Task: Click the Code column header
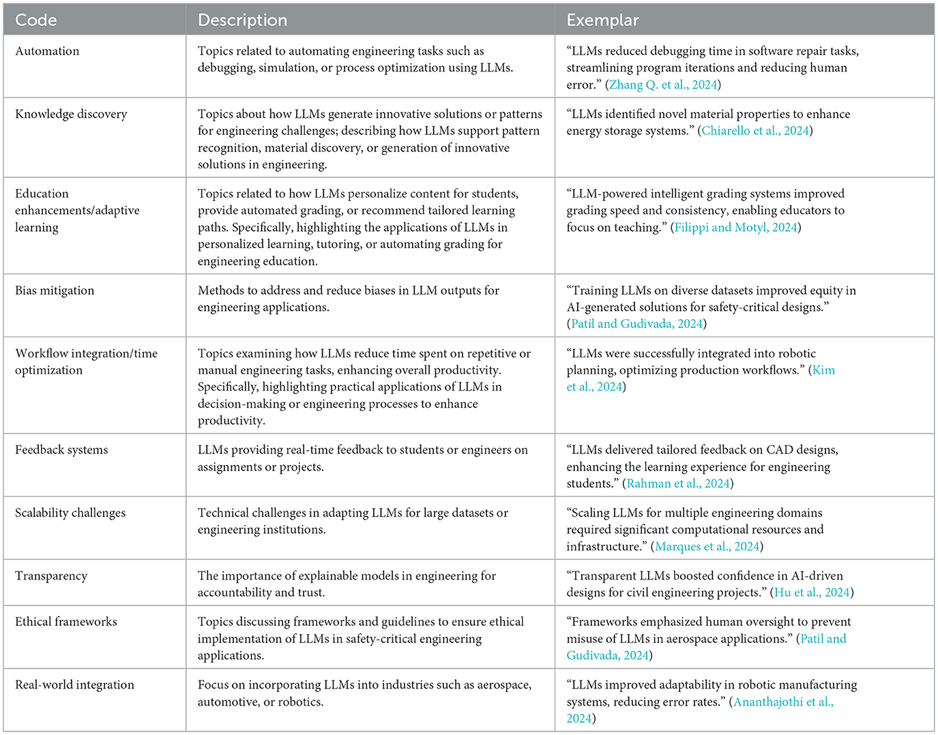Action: coord(36,20)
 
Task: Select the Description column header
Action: coord(242,20)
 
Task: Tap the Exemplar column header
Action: coord(602,20)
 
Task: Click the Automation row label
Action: coord(47,51)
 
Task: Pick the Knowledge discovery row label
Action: coord(71,114)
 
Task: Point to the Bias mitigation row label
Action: coord(55,290)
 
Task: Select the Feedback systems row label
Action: coord(61,450)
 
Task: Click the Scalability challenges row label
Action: coord(70,513)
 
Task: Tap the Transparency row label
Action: coord(51,576)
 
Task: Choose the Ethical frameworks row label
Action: coord(66,622)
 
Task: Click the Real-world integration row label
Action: coord(74,685)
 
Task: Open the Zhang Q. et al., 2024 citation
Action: coord(662,85)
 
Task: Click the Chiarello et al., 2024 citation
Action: coord(755,131)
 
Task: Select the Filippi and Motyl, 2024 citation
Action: coord(735,228)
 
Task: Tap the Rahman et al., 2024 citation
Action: coord(678,484)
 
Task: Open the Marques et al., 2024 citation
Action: coord(707,547)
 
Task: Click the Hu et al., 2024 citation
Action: coord(812,592)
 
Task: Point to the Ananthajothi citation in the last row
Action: coord(783,702)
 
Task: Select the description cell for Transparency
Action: coord(347,584)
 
